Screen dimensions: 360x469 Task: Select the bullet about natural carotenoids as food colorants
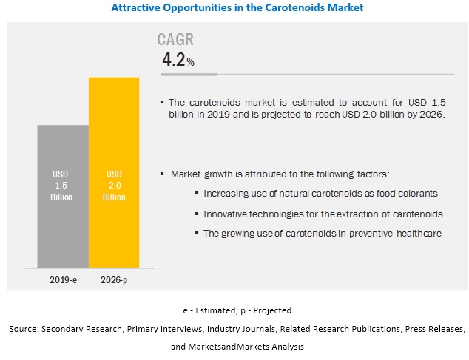point(320,193)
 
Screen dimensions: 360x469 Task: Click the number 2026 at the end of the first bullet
point(431,113)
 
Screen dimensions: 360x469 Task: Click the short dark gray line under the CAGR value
point(189,74)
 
